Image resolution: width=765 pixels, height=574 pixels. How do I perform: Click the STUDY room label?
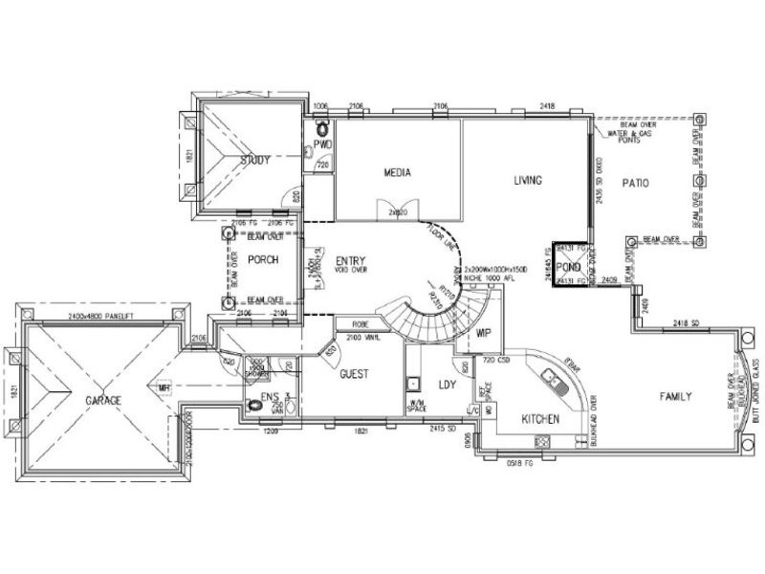(x=255, y=160)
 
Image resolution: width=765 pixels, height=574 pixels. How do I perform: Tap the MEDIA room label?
(x=398, y=173)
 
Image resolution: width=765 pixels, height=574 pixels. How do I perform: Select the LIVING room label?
(x=527, y=180)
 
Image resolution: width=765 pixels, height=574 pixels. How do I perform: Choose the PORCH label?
(x=263, y=260)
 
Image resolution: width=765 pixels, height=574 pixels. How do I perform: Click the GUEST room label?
(x=355, y=375)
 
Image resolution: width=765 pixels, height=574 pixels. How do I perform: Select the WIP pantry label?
(x=483, y=334)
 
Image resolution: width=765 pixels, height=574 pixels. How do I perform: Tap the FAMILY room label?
(x=675, y=396)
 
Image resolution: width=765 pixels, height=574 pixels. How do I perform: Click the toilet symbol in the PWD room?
(x=322, y=128)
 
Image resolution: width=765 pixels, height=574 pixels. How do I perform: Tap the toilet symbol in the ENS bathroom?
(x=253, y=406)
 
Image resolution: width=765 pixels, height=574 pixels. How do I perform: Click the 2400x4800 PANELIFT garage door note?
(x=100, y=316)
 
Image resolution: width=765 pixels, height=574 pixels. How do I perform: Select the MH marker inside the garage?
(x=164, y=388)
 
